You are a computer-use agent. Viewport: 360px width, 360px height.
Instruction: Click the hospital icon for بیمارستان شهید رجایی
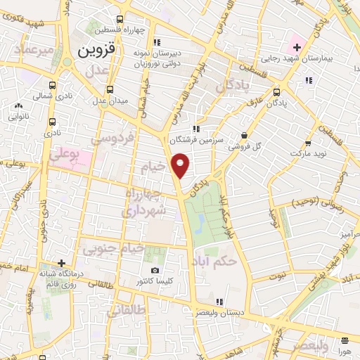(x=297, y=48)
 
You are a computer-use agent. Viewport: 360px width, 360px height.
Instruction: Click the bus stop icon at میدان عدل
(x=110, y=89)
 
